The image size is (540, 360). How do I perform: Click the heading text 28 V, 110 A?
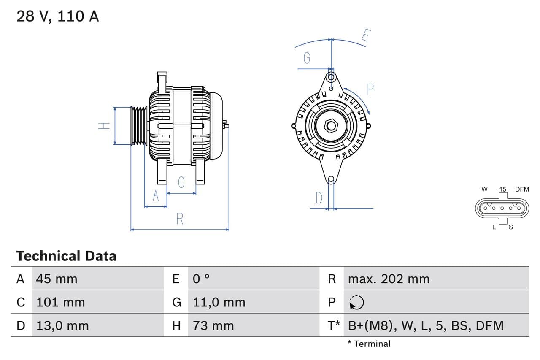(x=57, y=16)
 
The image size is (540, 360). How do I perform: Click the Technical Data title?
(x=66, y=256)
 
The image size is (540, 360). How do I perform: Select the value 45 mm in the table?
(x=57, y=279)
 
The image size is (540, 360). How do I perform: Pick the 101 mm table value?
(x=60, y=302)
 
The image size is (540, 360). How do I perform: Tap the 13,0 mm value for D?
(x=62, y=325)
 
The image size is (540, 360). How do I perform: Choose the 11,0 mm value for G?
(x=219, y=302)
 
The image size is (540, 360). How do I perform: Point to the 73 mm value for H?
(x=213, y=325)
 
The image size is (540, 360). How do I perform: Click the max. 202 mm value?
(x=389, y=279)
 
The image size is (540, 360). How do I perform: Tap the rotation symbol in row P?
(x=356, y=302)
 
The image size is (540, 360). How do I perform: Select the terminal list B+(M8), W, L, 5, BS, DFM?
(x=426, y=325)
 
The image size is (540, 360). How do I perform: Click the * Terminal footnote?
(x=369, y=344)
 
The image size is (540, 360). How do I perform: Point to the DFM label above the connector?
(x=521, y=189)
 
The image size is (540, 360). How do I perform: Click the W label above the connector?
(x=485, y=189)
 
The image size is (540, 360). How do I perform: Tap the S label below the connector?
(x=510, y=227)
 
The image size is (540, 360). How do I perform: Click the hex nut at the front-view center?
(x=331, y=126)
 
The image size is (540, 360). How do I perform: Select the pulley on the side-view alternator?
(x=138, y=126)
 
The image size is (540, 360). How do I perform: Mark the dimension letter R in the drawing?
(x=180, y=219)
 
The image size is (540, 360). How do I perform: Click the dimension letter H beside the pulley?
(x=104, y=126)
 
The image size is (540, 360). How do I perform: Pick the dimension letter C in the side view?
(x=181, y=182)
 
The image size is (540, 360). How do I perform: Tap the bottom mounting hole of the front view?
(x=331, y=179)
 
